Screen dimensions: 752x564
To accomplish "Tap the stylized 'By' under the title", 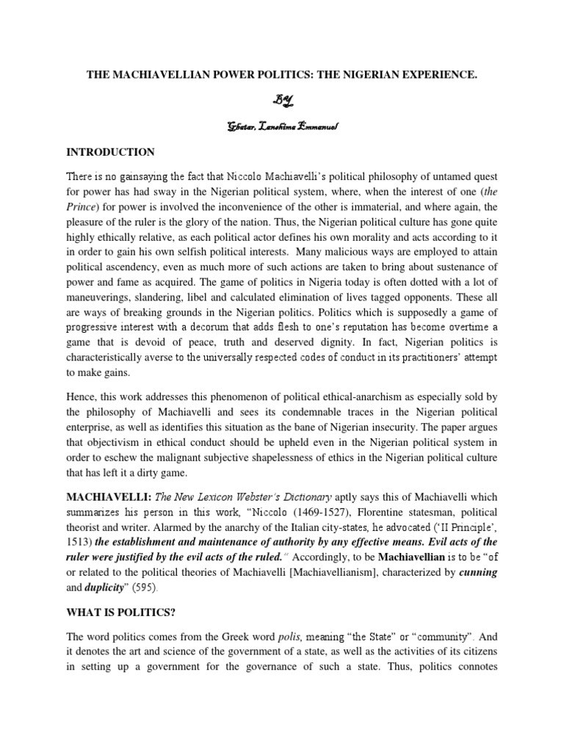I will [x=281, y=100].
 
